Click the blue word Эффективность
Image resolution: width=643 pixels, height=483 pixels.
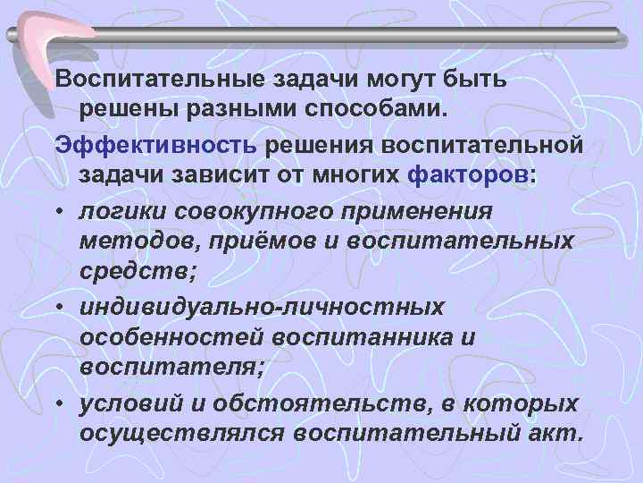click(156, 145)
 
